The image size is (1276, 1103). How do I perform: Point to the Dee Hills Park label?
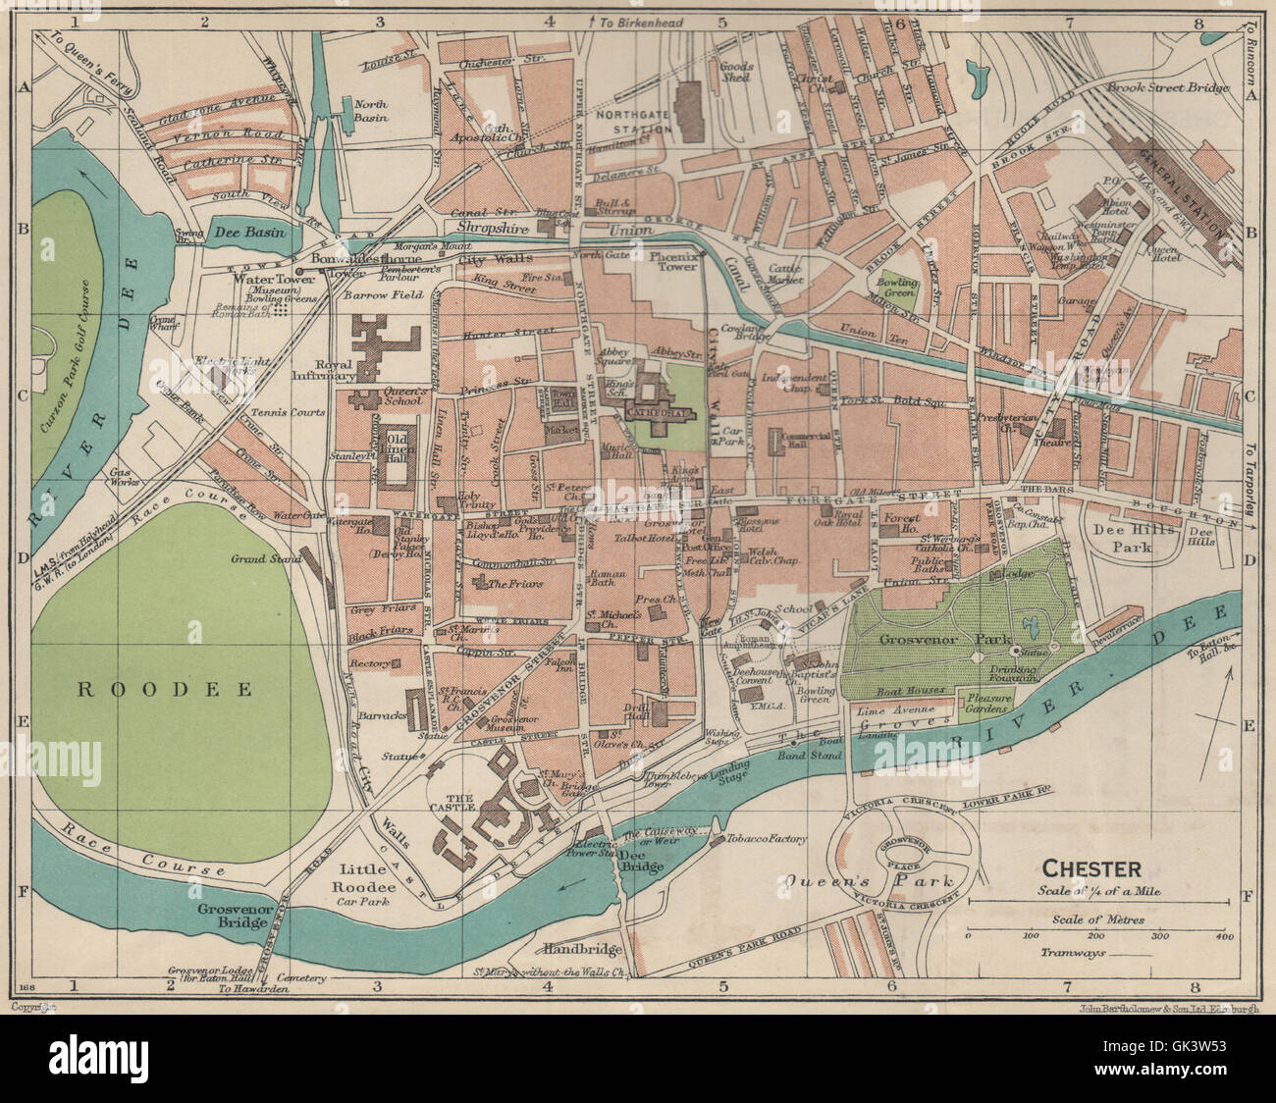click(x=1123, y=537)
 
